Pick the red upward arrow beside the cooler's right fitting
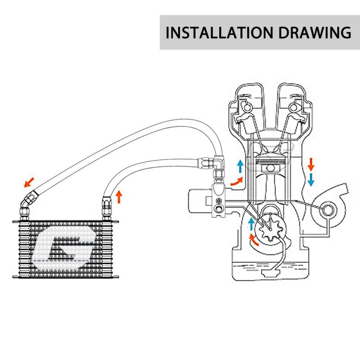(x=119, y=197)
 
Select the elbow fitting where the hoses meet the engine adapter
(x=219, y=164)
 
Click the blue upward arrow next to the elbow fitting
(x=240, y=166)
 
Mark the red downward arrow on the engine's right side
(x=311, y=164)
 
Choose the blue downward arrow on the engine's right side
(x=311, y=180)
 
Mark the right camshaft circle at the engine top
(x=295, y=107)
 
